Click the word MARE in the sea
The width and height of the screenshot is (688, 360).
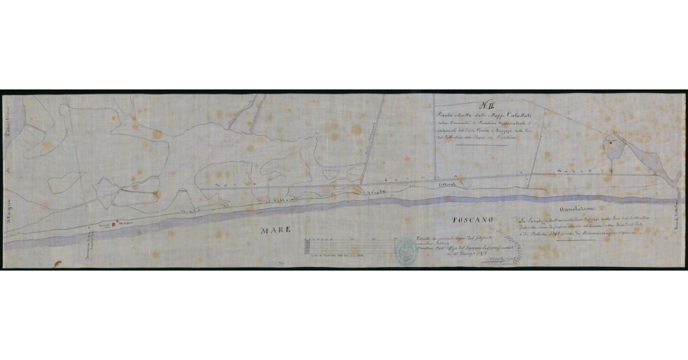click(276, 230)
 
